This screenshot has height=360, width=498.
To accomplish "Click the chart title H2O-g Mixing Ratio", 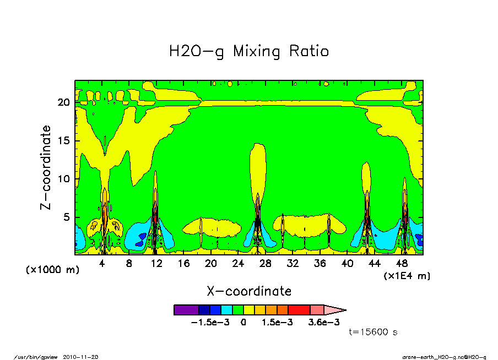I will [249, 52].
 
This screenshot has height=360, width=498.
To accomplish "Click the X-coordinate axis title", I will [249, 291].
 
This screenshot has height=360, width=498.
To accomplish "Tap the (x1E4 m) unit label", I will [407, 276].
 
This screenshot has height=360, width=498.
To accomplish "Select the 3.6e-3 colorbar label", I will [323, 323].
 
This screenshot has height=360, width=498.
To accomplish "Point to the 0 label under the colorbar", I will [242, 323].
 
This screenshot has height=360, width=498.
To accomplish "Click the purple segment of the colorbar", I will [186, 310].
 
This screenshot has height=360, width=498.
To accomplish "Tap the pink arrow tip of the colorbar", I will [336, 310].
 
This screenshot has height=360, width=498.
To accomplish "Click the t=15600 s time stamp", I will [373, 332].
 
